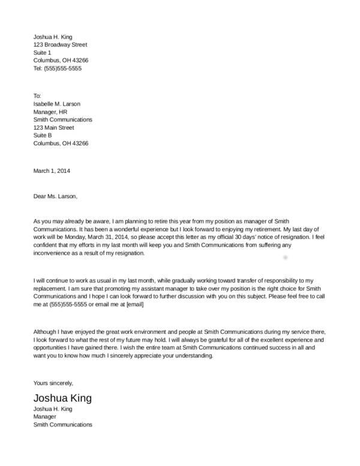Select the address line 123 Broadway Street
[60, 44]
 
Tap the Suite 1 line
[43, 52]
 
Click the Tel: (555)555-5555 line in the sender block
[57, 68]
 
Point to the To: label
[37, 95]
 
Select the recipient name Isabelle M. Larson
[56, 104]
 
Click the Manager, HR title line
[50, 112]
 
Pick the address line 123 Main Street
[53, 127]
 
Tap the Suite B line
[43, 135]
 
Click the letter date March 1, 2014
[52, 171]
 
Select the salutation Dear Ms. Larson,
[55, 196]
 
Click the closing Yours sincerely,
[53, 382]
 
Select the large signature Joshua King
[62, 398]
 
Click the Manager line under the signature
[45, 416]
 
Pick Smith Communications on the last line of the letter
[62, 425]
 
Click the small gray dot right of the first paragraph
[285, 256]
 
